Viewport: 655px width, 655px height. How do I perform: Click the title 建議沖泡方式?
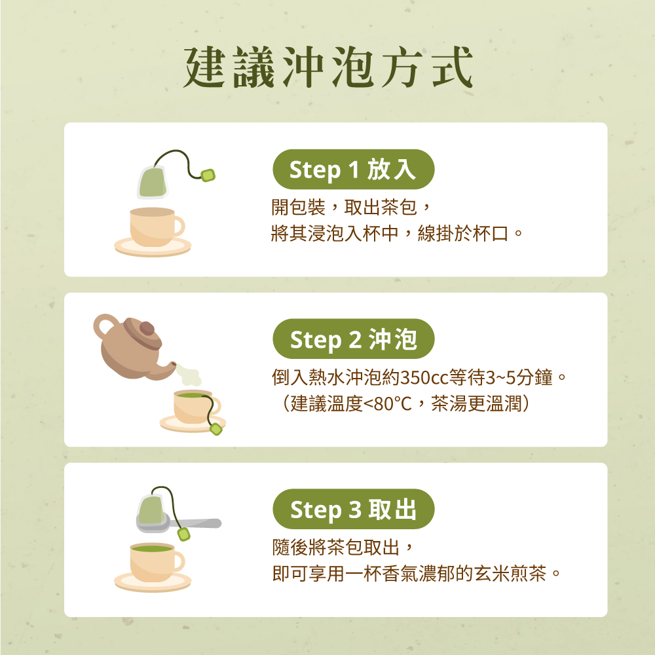tap(327, 68)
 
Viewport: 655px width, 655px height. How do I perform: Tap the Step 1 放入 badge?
tap(353, 170)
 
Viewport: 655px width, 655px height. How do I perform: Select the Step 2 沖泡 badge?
tap(353, 339)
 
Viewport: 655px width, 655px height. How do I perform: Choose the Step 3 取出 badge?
tap(353, 509)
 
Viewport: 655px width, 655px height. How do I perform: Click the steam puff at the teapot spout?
tap(187, 374)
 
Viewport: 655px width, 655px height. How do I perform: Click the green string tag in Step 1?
tap(208, 175)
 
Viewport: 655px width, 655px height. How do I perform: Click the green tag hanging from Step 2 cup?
tap(215, 429)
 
